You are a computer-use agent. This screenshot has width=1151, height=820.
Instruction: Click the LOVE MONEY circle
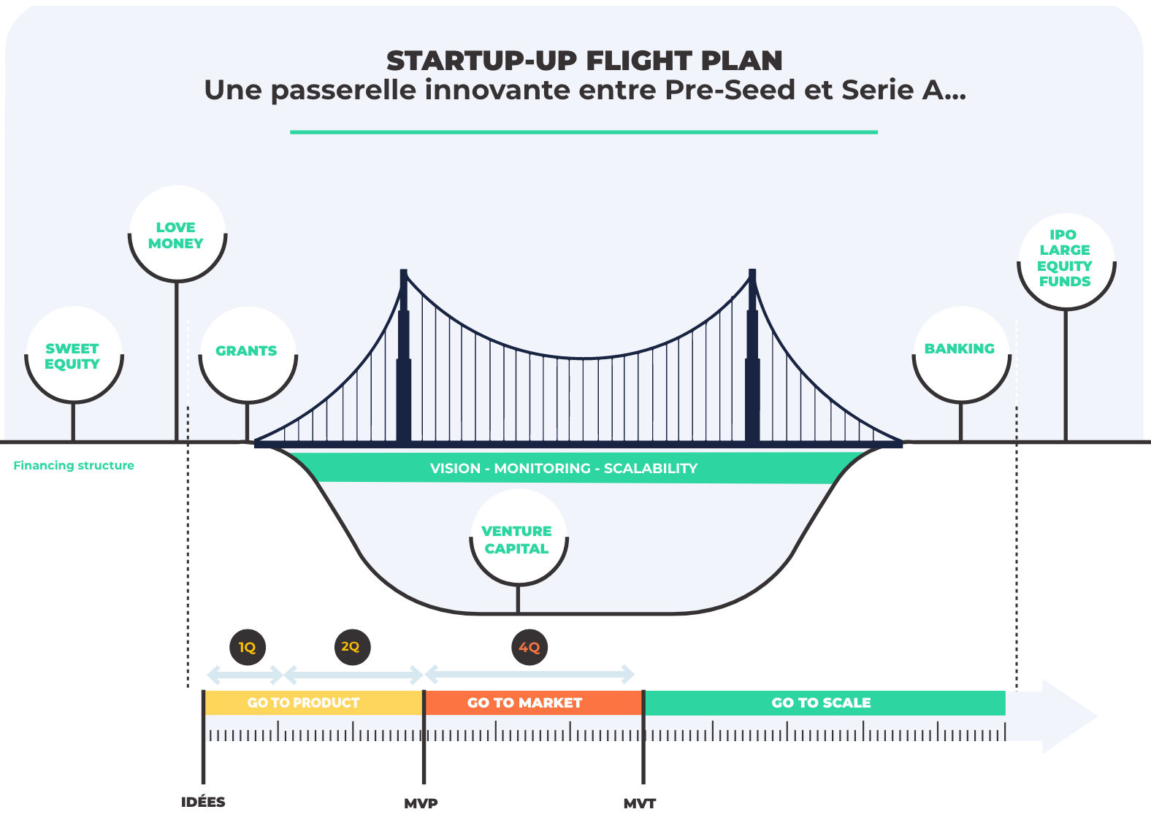pyautogui.click(x=177, y=234)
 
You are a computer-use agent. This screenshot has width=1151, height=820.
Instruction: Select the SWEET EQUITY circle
pyautogui.click(x=73, y=356)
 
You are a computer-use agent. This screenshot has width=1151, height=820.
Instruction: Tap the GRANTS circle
pyautogui.click(x=248, y=355)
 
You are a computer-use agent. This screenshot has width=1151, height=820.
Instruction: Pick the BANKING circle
pyautogui.click(x=961, y=354)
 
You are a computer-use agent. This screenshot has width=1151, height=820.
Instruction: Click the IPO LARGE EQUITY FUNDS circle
pyautogui.click(x=1066, y=261)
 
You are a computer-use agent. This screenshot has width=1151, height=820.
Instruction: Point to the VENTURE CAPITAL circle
pyautogui.click(x=518, y=539)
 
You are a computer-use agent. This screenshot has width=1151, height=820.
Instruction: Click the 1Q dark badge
pyautogui.click(x=247, y=647)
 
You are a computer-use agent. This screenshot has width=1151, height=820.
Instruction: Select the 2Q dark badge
pyautogui.click(x=351, y=647)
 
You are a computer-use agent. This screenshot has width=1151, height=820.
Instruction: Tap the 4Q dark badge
pyautogui.click(x=529, y=647)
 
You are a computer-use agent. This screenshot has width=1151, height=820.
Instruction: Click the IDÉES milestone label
pyautogui.click(x=203, y=802)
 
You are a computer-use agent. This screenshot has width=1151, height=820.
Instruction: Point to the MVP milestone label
pyautogui.click(x=421, y=803)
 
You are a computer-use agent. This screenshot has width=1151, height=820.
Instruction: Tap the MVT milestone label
pyautogui.click(x=640, y=803)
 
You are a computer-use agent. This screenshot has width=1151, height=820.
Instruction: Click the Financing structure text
pyautogui.click(x=74, y=465)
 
